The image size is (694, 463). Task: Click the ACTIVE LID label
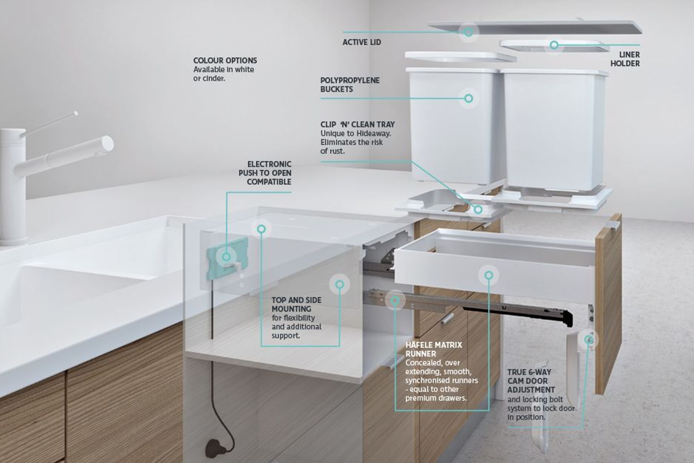pos(362,42)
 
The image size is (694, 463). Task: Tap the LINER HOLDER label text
pos(625,59)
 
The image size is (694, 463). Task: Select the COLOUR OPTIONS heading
pos(225,60)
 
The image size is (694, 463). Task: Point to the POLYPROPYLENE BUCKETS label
pos(350,85)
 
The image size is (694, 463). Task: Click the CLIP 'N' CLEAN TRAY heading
pos(358,124)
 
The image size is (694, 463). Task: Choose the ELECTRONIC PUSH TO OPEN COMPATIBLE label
pos(265,173)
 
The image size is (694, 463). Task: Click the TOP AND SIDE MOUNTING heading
pos(296,304)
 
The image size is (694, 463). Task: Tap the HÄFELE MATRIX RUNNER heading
pos(434,349)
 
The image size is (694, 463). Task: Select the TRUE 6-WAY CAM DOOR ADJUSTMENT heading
pos(531,381)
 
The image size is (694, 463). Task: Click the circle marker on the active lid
pos(468,32)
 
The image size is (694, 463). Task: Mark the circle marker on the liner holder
pos(554,45)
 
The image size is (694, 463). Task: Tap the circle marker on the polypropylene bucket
pos(469,98)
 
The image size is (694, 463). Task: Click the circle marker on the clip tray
pos(478,210)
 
